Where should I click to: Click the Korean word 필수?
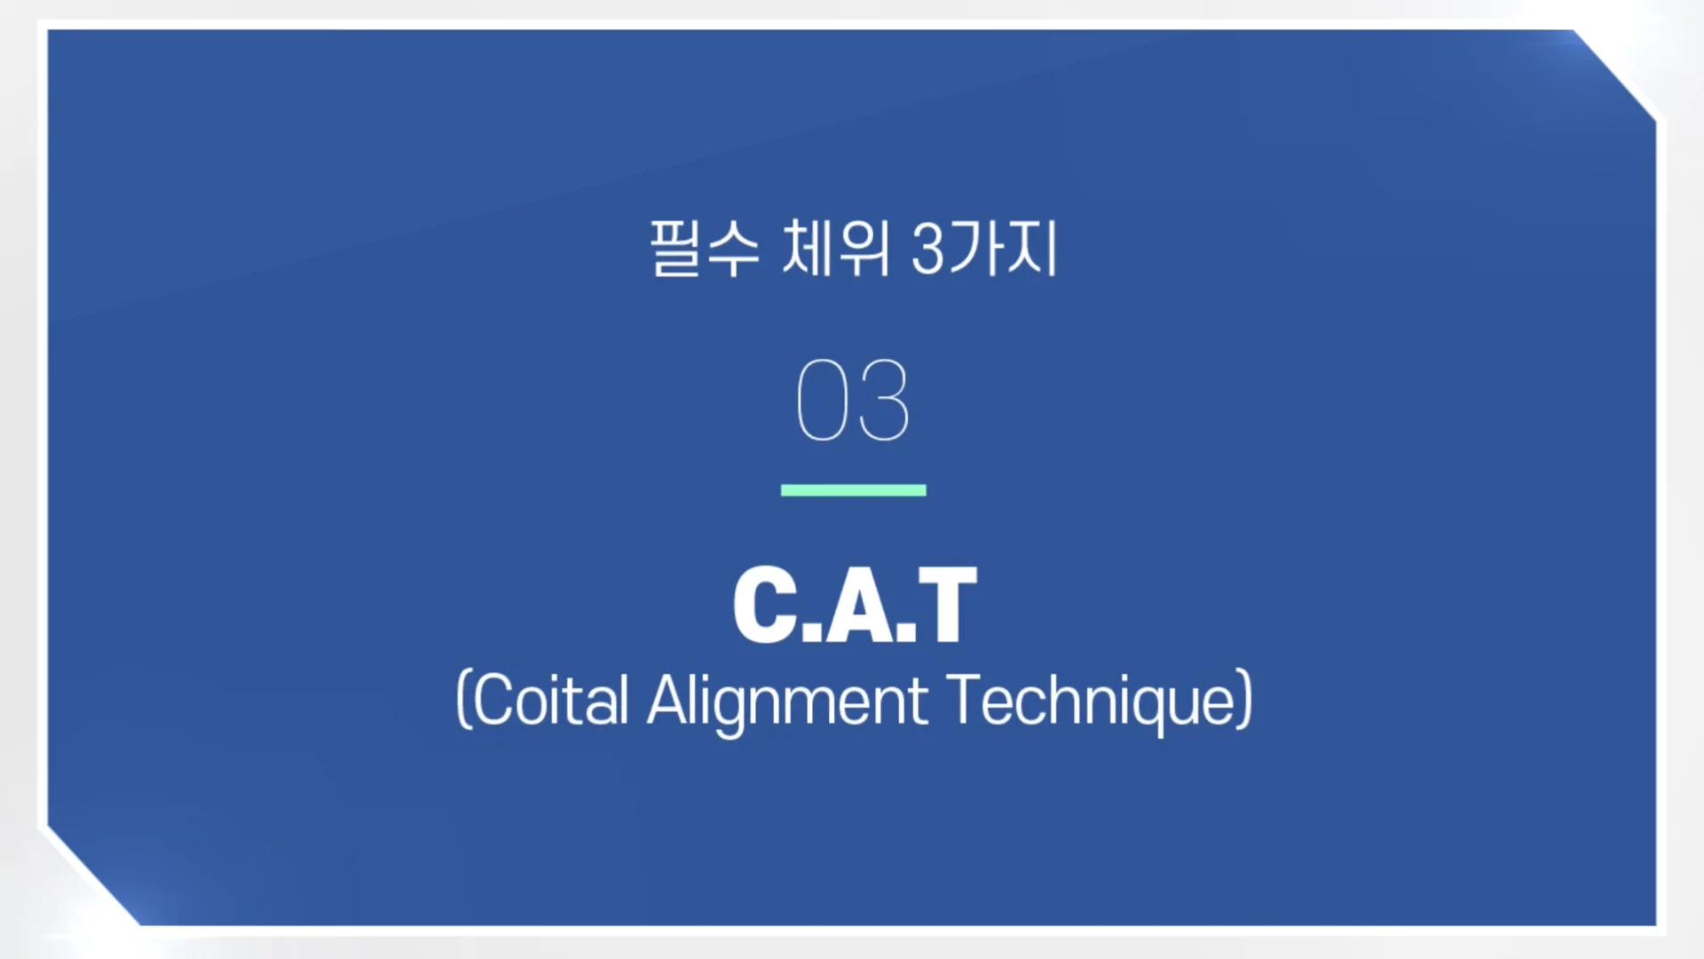click(704, 249)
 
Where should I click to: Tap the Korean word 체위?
click(835, 249)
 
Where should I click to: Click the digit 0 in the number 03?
click(822, 400)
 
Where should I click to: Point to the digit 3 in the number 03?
click(884, 400)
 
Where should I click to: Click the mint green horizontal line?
click(853, 490)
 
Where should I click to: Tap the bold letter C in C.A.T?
click(765, 605)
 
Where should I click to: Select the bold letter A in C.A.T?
click(859, 606)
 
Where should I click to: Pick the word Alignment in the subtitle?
click(787, 701)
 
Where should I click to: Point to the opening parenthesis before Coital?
click(462, 701)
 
